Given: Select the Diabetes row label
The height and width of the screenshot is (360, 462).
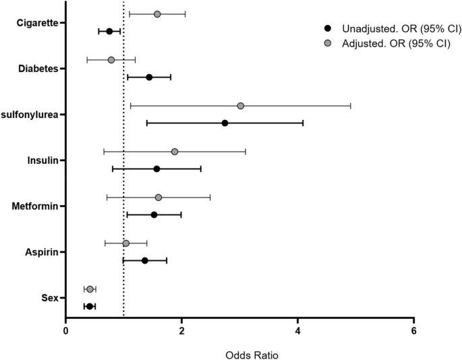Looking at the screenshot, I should (38, 69).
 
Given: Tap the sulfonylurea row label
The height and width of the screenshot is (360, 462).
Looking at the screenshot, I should (32, 115).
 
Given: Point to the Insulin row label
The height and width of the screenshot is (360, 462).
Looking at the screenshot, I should (42, 160).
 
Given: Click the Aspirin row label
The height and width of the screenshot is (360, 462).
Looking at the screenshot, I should (41, 252).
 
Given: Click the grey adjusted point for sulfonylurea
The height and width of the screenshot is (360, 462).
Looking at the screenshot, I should (241, 106).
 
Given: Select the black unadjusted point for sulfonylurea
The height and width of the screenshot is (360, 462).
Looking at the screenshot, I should (225, 123).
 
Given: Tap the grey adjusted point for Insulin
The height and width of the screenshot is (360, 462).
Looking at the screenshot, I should (175, 152).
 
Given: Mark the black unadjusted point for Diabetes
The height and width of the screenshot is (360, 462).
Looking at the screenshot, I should (149, 77).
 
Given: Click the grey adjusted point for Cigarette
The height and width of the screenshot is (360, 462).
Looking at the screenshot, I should (157, 14).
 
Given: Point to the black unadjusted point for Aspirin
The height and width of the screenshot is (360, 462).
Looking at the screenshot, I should (144, 260).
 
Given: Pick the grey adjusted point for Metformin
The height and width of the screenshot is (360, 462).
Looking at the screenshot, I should (158, 198).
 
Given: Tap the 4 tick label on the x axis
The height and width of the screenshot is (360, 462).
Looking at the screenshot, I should (298, 330).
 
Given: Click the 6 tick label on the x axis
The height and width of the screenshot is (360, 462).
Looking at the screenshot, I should (414, 330).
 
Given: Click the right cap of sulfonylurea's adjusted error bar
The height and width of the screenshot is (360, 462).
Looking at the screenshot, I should (351, 106).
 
